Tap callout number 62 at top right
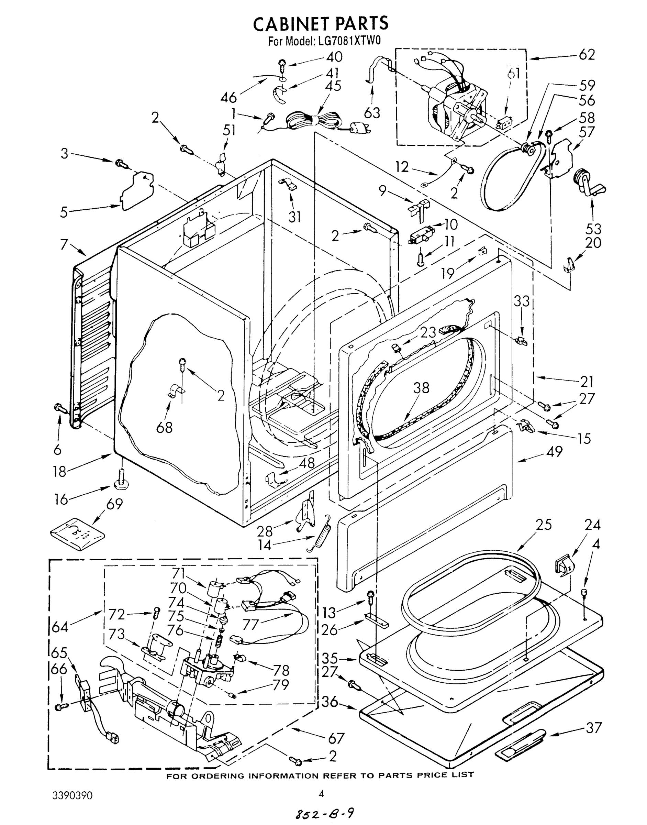point(587,55)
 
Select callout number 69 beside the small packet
point(114,504)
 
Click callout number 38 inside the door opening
point(421,388)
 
